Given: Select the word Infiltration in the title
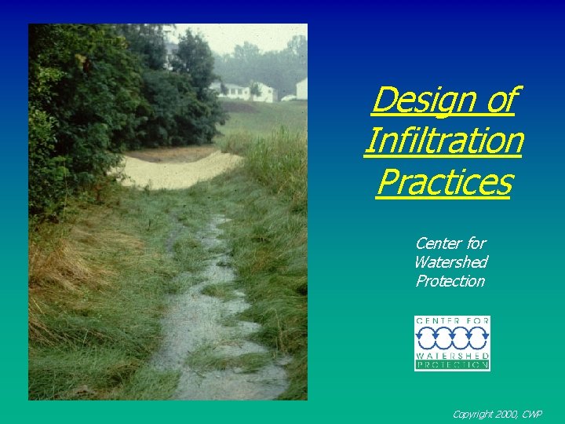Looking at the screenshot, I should [443, 141].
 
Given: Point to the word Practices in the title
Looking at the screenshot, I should [443, 182].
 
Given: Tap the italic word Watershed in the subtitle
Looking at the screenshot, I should [450, 262].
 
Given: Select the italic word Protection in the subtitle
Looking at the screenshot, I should [450, 281].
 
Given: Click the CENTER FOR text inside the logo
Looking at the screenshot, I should [452, 321].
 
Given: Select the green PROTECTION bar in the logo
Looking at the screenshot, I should [452, 365].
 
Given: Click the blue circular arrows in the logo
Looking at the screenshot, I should [452, 338].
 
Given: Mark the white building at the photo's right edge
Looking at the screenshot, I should [301, 89].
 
